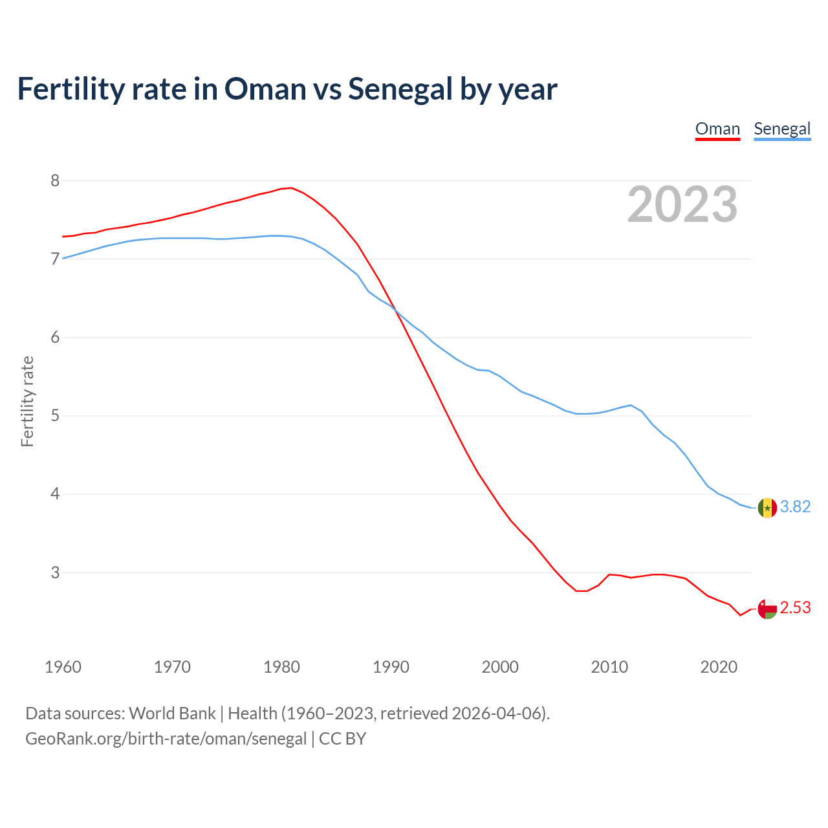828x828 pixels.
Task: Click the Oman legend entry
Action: coord(717,129)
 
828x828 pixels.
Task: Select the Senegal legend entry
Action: coord(782,129)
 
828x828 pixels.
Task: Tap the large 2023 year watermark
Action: coord(682,204)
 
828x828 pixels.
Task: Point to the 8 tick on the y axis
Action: coord(55,180)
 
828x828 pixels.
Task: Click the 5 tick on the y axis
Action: coord(55,415)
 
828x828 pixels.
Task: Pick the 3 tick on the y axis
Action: coord(55,572)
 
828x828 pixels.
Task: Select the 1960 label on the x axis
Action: coord(63,667)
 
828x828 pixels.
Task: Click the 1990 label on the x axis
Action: coord(391,667)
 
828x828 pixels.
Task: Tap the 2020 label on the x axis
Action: coord(719,667)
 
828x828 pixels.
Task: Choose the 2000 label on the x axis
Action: coord(500,667)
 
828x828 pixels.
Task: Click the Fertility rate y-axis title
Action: coord(27,401)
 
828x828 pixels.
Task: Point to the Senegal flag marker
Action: coord(767,508)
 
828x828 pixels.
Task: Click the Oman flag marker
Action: coord(767,609)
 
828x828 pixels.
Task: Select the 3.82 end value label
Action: coord(795,507)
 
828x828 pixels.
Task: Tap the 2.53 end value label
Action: coord(795,608)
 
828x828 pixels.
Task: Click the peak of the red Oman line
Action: coord(291,188)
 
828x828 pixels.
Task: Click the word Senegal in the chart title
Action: coord(400,89)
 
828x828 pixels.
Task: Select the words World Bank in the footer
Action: coord(172,714)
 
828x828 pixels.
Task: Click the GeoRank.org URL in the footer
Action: coord(166,739)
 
